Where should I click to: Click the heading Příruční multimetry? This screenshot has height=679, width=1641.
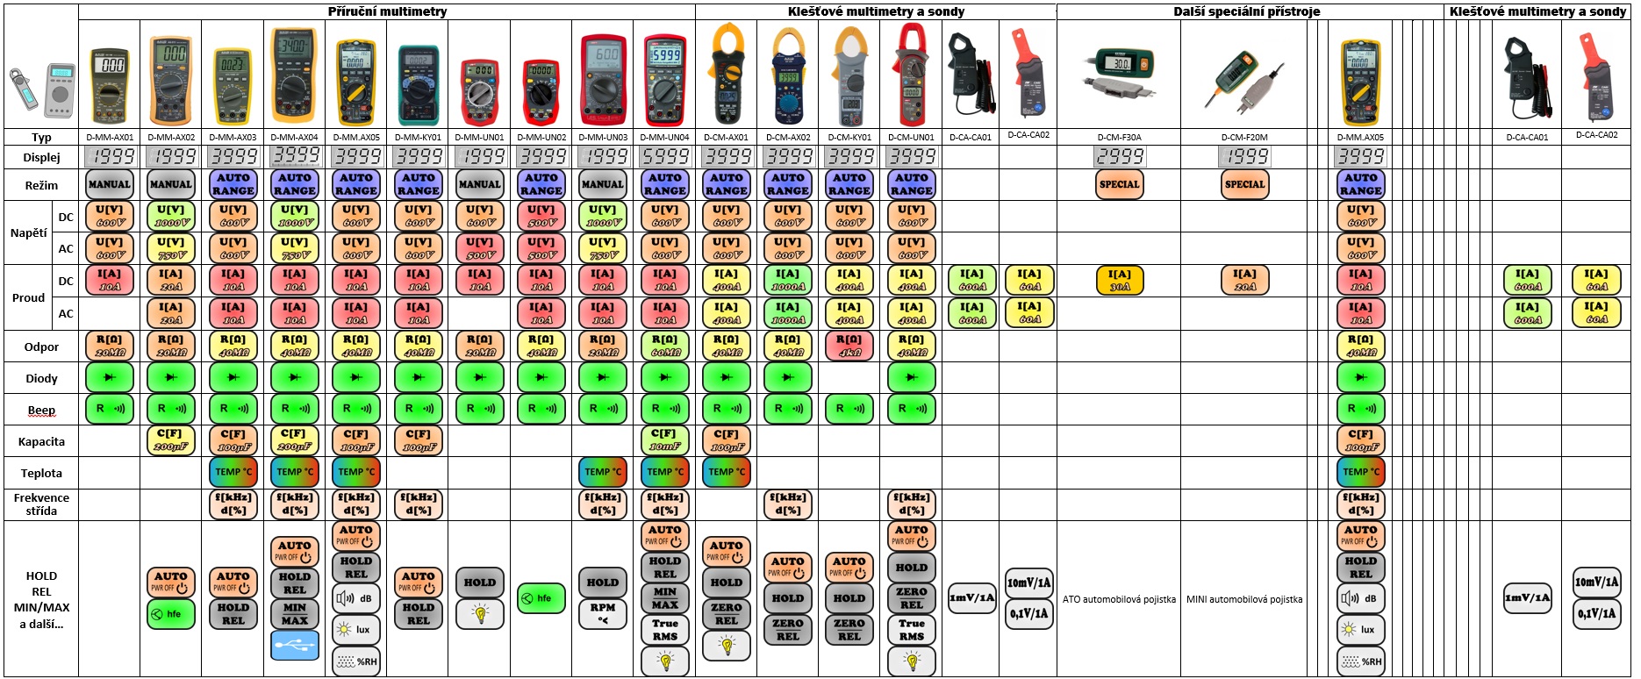(387, 11)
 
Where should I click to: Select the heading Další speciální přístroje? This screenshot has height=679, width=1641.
(1246, 11)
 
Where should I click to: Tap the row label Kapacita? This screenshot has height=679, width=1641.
(41, 441)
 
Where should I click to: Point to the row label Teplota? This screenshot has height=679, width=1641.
(41, 473)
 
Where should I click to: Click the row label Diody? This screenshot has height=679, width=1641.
(41, 378)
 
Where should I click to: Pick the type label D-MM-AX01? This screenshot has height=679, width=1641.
(110, 138)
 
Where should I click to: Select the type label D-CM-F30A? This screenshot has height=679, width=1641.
(1119, 138)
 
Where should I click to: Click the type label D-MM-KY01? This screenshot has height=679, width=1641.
(418, 138)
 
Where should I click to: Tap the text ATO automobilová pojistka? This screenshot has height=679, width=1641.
(1119, 599)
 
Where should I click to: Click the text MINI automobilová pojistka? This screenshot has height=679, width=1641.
(1244, 599)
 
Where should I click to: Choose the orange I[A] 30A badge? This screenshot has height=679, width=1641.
(1120, 280)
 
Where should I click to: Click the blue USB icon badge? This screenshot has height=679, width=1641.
(295, 647)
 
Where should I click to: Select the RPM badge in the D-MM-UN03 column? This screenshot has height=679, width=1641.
(603, 613)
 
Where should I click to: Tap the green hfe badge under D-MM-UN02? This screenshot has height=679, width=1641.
(541, 598)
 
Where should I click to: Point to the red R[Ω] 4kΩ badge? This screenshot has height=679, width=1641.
(849, 345)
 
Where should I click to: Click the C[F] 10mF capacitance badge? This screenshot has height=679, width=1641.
(665, 440)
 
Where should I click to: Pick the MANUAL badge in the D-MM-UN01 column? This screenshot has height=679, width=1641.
(479, 184)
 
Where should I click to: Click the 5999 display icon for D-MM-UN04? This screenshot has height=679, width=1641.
(665, 156)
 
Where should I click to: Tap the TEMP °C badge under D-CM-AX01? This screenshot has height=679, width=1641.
(726, 472)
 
